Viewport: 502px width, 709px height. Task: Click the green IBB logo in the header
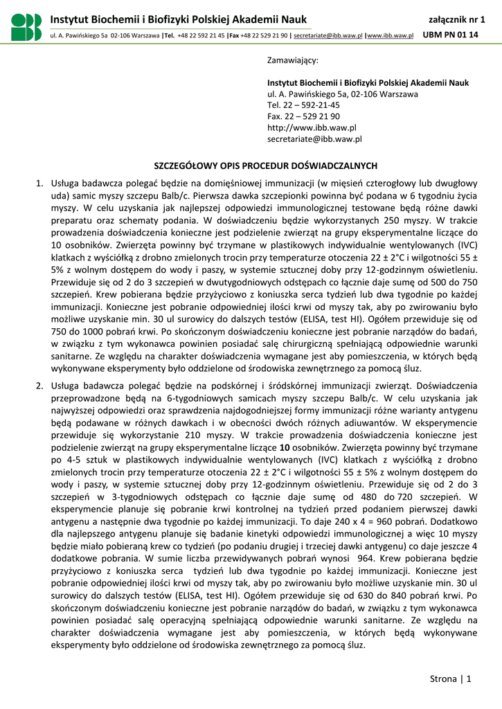click(x=26, y=27)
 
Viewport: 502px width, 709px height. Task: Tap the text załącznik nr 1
click(x=457, y=19)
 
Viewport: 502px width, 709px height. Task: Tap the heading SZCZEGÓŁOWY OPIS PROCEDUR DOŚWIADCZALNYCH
click(x=265, y=165)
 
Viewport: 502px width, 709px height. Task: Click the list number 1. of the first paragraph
click(x=40, y=183)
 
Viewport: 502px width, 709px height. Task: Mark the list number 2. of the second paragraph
click(x=40, y=385)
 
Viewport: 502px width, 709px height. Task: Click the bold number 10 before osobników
click(x=283, y=447)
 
